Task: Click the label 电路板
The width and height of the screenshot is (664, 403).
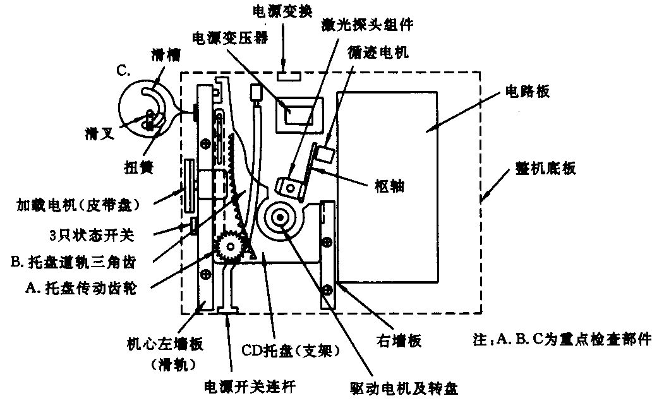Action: [524, 92]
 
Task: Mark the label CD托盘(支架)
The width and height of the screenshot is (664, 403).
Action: [291, 352]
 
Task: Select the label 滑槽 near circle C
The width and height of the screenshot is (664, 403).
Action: [164, 56]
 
